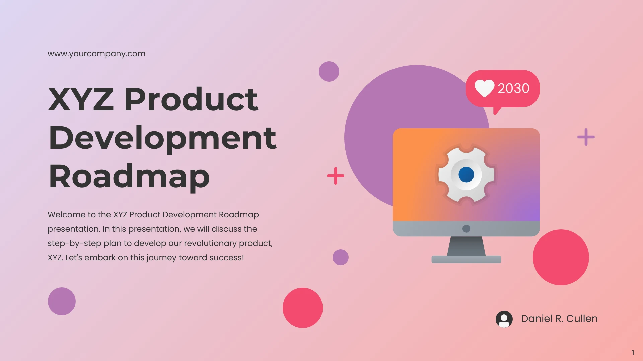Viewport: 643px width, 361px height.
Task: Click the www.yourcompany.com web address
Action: point(96,54)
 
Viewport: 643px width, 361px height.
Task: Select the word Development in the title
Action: point(163,138)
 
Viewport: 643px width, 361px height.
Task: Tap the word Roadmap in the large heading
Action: point(129,177)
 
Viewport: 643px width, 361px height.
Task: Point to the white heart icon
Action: point(484,88)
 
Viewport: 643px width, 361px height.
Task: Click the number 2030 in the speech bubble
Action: point(513,88)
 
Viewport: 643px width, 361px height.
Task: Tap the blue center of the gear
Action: point(466,174)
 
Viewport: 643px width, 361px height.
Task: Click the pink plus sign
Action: point(335,176)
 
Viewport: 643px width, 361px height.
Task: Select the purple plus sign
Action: point(586,137)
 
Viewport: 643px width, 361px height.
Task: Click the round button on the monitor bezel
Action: point(466,229)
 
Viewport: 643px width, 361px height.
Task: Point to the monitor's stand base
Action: point(466,259)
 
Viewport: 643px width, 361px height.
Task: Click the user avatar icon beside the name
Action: point(504,319)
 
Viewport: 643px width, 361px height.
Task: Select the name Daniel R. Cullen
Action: point(559,319)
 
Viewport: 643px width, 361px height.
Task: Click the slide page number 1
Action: point(633,353)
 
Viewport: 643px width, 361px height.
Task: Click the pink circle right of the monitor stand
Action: point(561,257)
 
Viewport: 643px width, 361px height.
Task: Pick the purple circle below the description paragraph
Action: point(62,301)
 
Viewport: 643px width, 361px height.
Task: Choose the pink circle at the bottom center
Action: point(303,308)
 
